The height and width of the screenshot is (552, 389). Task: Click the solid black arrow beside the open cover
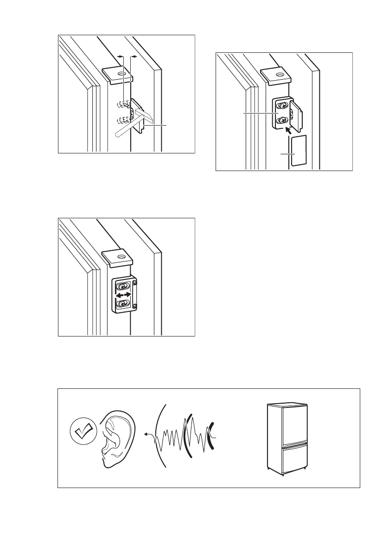pos(289,131)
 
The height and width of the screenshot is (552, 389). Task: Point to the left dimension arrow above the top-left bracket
pos(121,56)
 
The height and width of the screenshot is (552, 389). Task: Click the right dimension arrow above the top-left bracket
pos(134,56)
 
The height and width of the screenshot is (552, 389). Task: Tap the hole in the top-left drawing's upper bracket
pos(121,73)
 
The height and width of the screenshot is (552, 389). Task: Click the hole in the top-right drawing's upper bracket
pos(279,73)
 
